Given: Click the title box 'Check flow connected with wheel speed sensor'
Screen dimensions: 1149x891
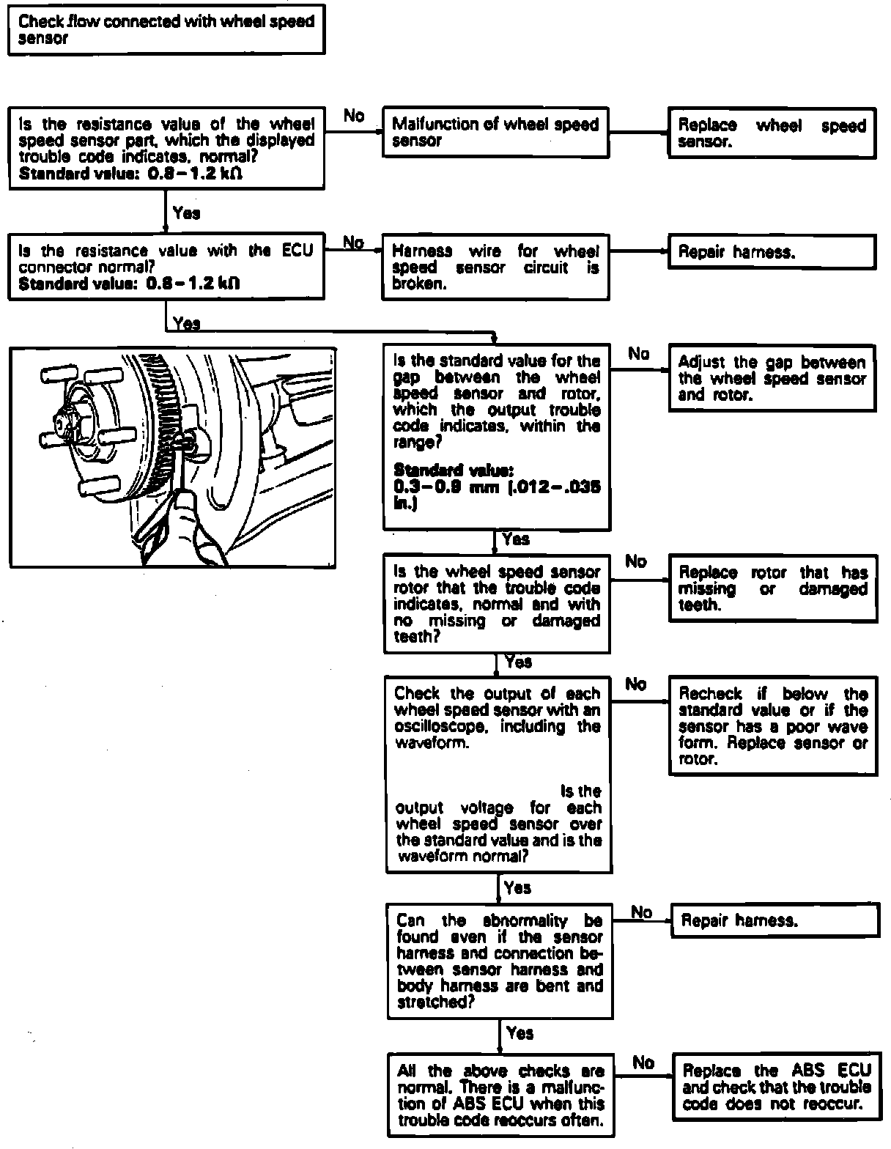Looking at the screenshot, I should [x=166, y=31].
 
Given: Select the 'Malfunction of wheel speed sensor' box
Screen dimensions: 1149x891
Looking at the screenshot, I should [x=495, y=132].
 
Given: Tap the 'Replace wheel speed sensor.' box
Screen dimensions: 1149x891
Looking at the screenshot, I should [x=772, y=133].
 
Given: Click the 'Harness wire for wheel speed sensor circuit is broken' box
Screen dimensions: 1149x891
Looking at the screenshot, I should [x=495, y=267].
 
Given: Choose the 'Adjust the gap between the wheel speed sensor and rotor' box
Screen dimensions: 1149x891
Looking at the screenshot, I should [x=772, y=378].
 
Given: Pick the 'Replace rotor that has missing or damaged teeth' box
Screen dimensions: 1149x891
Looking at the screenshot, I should [x=773, y=588].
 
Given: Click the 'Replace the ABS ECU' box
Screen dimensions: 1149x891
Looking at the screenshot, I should [x=776, y=1087].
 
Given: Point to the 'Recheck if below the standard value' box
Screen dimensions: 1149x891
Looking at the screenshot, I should [x=773, y=726].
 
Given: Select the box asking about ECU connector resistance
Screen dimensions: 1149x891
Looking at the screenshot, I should [x=166, y=267].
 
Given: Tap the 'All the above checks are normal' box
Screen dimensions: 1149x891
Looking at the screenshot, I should [x=500, y=1095].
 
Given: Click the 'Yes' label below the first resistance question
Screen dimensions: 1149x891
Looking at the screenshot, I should [x=186, y=213].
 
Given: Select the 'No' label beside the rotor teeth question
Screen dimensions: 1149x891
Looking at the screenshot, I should [x=636, y=561].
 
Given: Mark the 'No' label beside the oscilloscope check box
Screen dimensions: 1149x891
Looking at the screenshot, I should [x=636, y=684].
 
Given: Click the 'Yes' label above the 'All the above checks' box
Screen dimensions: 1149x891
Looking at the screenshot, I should [x=520, y=1033].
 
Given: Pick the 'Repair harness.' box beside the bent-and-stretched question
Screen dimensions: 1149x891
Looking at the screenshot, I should [x=774, y=920].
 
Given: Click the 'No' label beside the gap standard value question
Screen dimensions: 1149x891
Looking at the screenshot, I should [x=639, y=355].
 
